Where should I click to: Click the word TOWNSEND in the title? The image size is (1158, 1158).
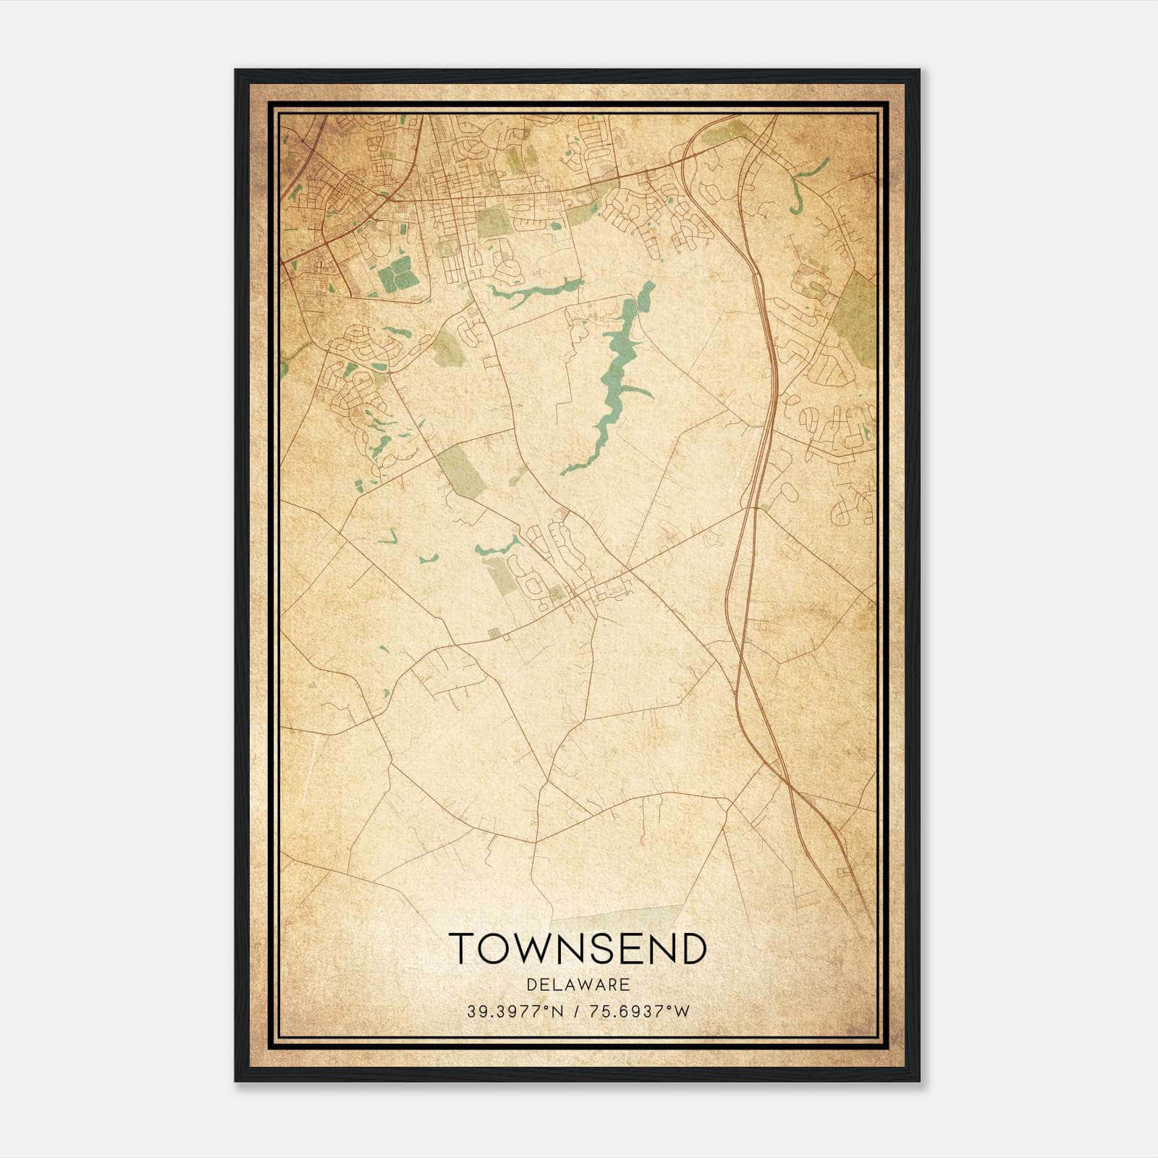[x=578, y=948]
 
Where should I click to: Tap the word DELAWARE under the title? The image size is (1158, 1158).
[x=578, y=985]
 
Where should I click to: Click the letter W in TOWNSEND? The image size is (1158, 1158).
[x=533, y=948]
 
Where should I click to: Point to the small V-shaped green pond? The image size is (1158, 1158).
[x=388, y=537]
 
